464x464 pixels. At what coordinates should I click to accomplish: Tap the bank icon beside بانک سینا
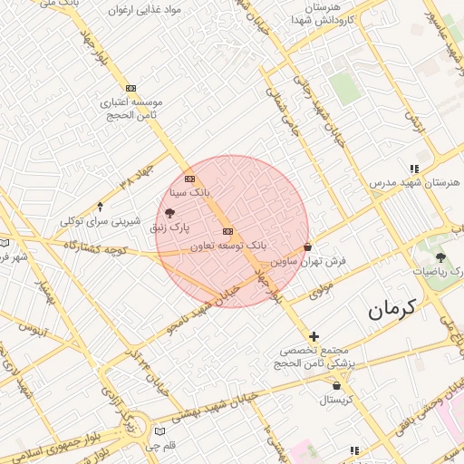pyautogui.click(x=188, y=179)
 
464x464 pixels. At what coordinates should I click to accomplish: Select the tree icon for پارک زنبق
pyautogui.click(x=171, y=212)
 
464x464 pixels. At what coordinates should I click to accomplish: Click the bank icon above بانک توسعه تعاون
pyautogui.click(x=227, y=231)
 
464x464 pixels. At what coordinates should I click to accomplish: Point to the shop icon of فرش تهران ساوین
pyautogui.click(x=308, y=246)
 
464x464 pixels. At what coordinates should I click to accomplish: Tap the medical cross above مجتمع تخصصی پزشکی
pyautogui.click(x=314, y=336)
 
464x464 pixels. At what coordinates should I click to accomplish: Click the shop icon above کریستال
pyautogui.click(x=335, y=384)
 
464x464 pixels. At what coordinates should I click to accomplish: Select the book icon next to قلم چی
pyautogui.click(x=160, y=431)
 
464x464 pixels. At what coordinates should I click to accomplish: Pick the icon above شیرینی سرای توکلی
pyautogui.click(x=101, y=207)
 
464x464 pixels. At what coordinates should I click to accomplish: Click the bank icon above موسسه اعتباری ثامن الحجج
pyautogui.click(x=130, y=88)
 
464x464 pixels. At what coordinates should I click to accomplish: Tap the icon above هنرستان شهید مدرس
pyautogui.click(x=414, y=169)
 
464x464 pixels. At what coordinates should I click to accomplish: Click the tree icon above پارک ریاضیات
pyautogui.click(x=440, y=257)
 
